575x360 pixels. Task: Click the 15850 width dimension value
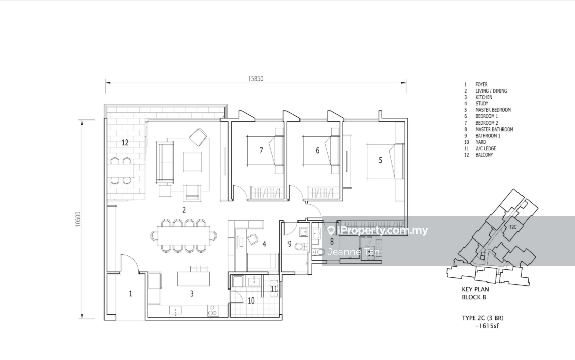pos(255,79)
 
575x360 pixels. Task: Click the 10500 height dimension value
pos(78,219)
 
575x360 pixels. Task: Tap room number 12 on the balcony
pos(125,142)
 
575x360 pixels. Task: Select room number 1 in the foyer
pos(130,293)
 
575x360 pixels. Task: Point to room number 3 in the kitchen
pos(192,293)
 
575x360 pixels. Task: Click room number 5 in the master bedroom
pos(380,160)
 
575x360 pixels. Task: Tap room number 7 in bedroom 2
pos(261,150)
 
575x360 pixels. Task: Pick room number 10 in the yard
pos(251,301)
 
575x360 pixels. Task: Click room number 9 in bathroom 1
pos(290,244)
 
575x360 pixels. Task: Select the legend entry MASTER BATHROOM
pos(494,129)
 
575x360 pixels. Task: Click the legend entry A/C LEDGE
pos(486,148)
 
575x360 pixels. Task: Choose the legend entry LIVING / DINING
pos(491,91)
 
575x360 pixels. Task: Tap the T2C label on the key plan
pos(512,227)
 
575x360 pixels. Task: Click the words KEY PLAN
pos(475,289)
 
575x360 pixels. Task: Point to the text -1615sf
pos(487,326)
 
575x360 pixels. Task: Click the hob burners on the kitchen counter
pos(212,311)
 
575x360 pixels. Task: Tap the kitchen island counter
pos(193,279)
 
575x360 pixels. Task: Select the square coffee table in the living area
pos(193,162)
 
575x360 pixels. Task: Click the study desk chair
pos(252,239)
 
